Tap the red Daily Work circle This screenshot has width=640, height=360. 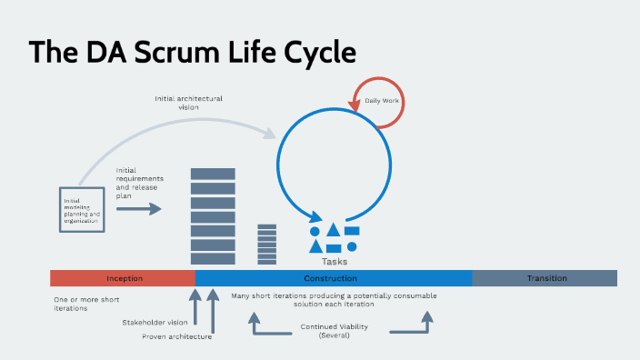(x=379, y=100)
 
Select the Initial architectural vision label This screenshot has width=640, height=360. (x=187, y=103)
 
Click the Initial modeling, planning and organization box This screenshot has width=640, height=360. (x=82, y=210)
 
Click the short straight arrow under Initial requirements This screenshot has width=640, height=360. (x=138, y=209)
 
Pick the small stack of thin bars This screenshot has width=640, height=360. (x=267, y=244)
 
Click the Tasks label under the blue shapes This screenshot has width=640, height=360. (x=335, y=262)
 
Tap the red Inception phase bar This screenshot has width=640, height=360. (x=124, y=278)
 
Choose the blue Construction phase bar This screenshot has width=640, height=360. (x=333, y=278)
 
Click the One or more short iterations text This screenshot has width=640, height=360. (x=86, y=304)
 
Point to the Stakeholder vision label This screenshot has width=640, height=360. (x=155, y=322)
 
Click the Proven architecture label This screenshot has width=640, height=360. (x=177, y=336)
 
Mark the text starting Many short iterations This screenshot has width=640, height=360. (x=334, y=300)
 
